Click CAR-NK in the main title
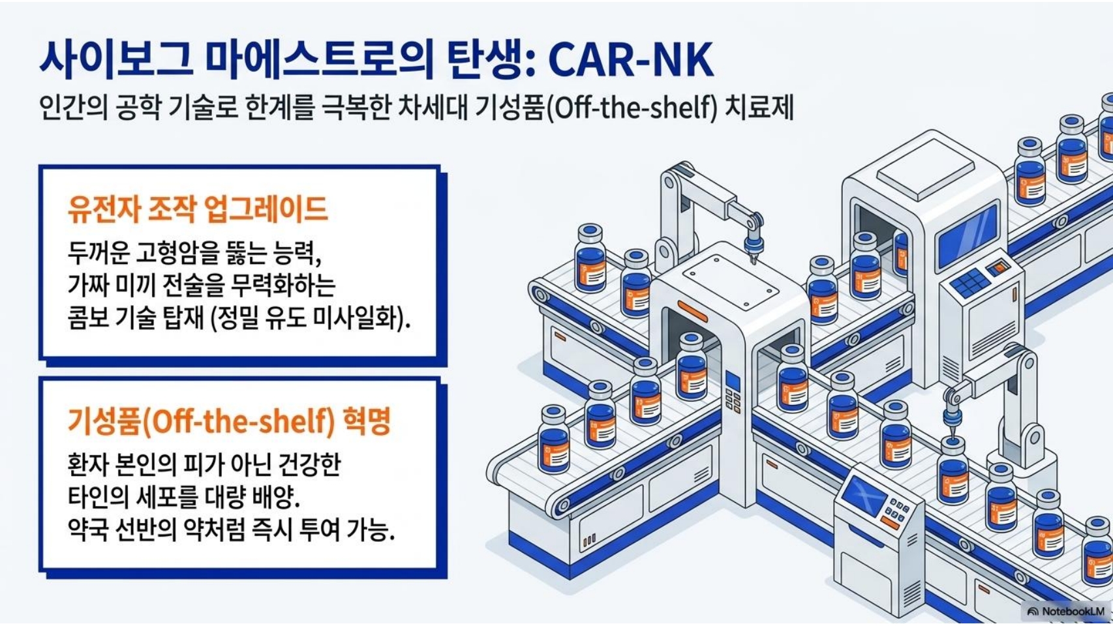tap(630, 60)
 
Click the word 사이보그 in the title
tap(115, 60)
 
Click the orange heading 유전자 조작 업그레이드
tap(197, 209)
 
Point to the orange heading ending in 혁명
tap(229, 421)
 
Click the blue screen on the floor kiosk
tap(864, 494)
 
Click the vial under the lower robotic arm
tap(953, 469)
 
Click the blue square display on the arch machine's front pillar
tap(733, 381)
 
